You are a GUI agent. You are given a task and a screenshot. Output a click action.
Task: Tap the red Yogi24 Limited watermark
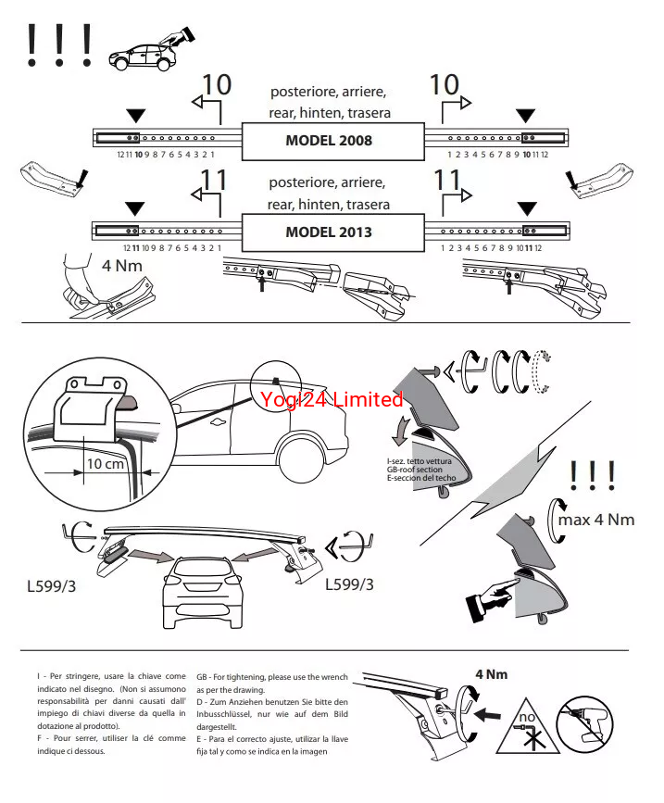tap(332, 400)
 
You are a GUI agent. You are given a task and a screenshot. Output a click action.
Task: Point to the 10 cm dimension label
tap(106, 463)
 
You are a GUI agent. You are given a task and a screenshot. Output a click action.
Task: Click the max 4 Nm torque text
tap(595, 520)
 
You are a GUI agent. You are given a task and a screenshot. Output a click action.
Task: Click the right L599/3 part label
tap(350, 584)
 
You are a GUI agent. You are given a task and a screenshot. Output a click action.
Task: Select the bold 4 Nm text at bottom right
tap(491, 674)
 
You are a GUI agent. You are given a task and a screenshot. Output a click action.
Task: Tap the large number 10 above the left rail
tap(216, 85)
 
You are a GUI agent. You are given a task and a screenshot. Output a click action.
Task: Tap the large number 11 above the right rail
tap(447, 179)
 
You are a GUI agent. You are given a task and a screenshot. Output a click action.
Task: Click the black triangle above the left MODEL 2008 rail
tap(136, 116)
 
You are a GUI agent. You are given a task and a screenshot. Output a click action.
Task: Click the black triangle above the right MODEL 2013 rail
tap(527, 207)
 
